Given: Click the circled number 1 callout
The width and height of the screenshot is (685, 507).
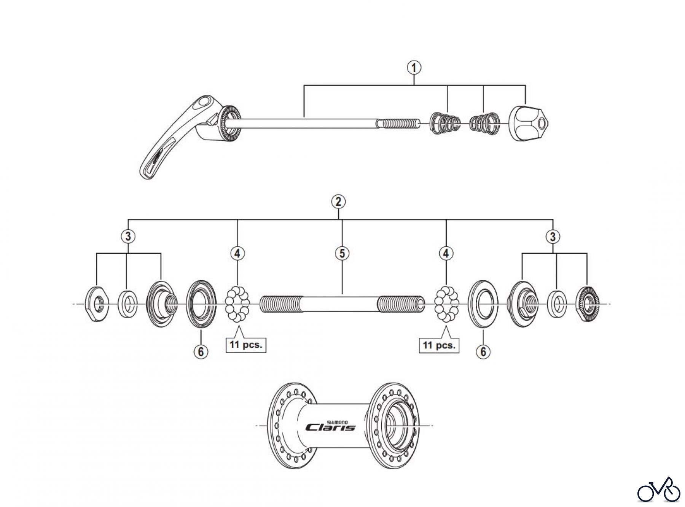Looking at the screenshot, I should (414, 68).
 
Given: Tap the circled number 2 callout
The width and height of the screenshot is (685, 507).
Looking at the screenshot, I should (338, 201).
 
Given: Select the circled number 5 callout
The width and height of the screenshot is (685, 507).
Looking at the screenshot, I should (342, 253).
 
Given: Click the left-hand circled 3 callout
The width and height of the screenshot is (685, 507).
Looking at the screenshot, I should (128, 236).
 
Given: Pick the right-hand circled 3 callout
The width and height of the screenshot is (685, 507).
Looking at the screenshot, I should (553, 237).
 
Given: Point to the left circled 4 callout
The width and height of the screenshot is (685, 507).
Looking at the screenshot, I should (237, 253).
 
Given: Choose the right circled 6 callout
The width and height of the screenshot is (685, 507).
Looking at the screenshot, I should (483, 351).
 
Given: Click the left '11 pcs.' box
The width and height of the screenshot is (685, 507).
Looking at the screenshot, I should (246, 345).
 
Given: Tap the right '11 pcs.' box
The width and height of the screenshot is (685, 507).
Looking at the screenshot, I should (439, 345).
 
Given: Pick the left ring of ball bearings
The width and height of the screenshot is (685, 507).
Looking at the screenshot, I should (237, 304).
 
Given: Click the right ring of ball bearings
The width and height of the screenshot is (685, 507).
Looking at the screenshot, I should (446, 304).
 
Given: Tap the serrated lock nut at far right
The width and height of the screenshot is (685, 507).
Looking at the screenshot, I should (588, 304).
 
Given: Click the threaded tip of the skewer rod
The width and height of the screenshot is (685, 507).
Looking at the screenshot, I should (400, 124).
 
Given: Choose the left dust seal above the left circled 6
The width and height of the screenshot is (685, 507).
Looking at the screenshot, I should (201, 304).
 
